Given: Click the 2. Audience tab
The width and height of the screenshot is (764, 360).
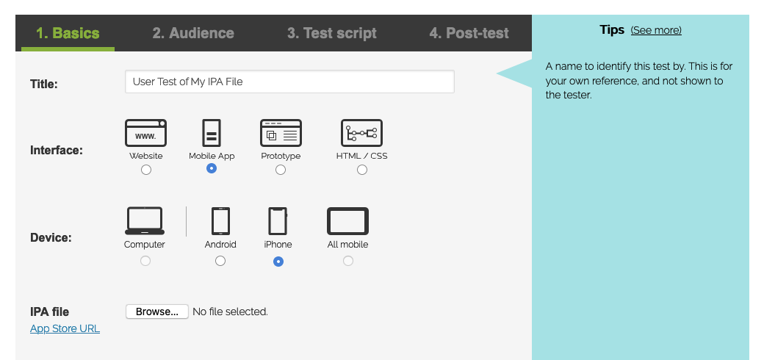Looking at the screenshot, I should click(193, 33).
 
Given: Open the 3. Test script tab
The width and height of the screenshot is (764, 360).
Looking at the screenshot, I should click(331, 33).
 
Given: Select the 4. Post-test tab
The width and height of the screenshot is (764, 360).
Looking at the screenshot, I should click(469, 33).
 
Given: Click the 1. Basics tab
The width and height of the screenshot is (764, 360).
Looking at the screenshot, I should click(68, 33).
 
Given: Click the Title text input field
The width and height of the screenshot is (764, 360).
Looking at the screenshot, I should click(289, 82).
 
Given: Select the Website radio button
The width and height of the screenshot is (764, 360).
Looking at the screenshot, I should click(146, 170).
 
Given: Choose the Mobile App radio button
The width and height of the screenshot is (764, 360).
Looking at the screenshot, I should click(212, 168).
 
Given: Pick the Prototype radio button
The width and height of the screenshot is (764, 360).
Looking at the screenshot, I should click(281, 170).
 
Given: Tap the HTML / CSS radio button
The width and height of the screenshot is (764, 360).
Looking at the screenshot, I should click(362, 170).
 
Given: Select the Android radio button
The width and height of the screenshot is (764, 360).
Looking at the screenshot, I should click(220, 261).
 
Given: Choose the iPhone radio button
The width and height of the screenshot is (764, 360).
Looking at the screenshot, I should click(278, 261).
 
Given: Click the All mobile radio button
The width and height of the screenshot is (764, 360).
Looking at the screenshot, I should click(348, 261).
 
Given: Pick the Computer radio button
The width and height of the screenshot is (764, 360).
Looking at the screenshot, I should click(145, 261).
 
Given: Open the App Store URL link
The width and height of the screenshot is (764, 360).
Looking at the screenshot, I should click(65, 328).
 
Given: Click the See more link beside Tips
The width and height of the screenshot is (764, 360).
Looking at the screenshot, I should click(656, 30).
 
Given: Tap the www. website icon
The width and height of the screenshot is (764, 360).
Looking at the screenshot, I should click(145, 133).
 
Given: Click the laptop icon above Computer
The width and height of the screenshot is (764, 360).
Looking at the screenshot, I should click(145, 220).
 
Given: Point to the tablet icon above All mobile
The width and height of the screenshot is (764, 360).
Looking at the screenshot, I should click(347, 221).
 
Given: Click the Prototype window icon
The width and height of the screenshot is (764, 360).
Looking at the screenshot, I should click(281, 133).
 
